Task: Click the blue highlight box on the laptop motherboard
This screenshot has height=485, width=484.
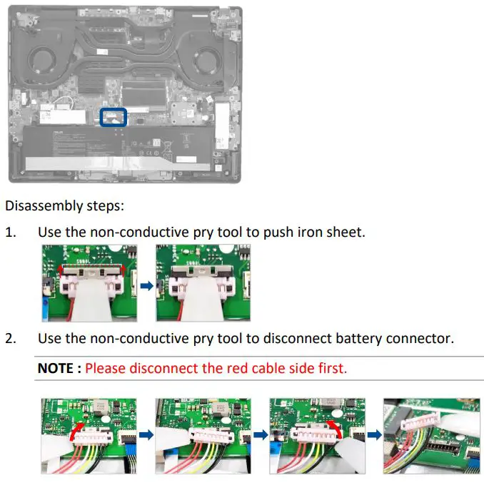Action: pos(114,118)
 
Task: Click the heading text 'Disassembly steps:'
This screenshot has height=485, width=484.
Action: pos(64,206)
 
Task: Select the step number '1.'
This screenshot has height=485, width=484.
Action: pos(11,233)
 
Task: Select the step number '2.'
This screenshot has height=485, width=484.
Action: pos(11,338)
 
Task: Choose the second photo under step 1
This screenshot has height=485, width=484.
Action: pos(203,283)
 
